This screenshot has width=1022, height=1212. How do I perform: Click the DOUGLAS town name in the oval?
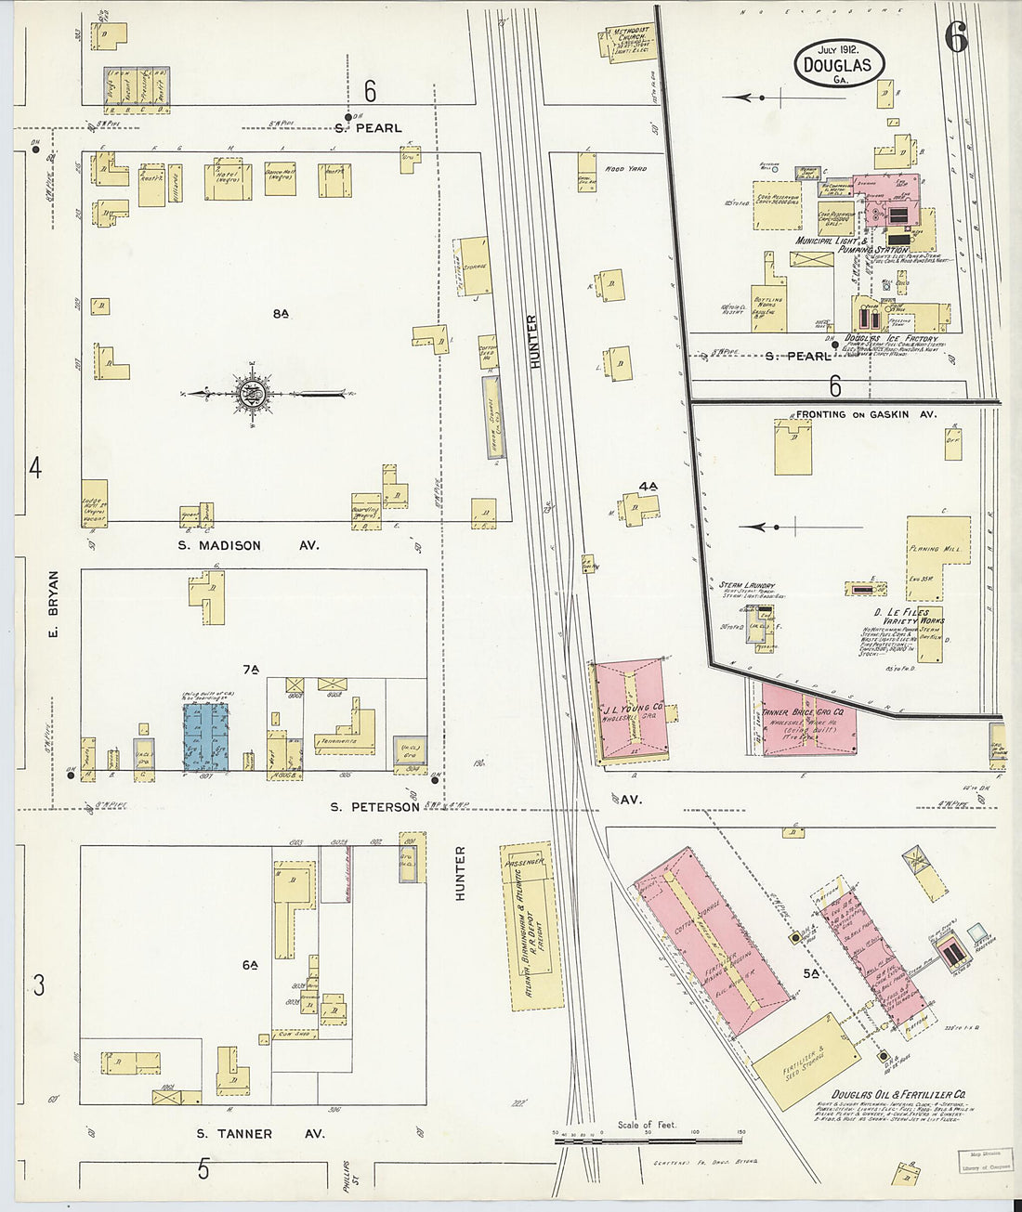click(x=839, y=65)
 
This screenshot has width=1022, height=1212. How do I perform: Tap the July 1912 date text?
click(x=837, y=48)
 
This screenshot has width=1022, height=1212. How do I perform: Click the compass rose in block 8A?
click(x=252, y=394)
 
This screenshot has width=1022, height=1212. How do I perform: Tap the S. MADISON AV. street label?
click(x=248, y=545)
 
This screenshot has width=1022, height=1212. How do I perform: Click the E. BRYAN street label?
click(x=54, y=605)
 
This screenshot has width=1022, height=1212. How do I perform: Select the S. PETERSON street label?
click(x=375, y=807)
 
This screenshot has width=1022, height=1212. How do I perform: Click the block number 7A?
click(x=250, y=669)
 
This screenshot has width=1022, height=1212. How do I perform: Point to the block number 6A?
click(x=250, y=965)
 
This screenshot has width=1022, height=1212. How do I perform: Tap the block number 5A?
click(x=812, y=973)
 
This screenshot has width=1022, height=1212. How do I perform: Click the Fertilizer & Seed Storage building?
click(x=806, y=1060)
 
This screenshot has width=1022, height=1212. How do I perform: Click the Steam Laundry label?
click(x=746, y=586)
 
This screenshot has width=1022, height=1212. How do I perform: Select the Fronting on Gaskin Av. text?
click(x=866, y=414)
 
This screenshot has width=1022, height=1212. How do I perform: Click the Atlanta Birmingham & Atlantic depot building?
click(x=531, y=926)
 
